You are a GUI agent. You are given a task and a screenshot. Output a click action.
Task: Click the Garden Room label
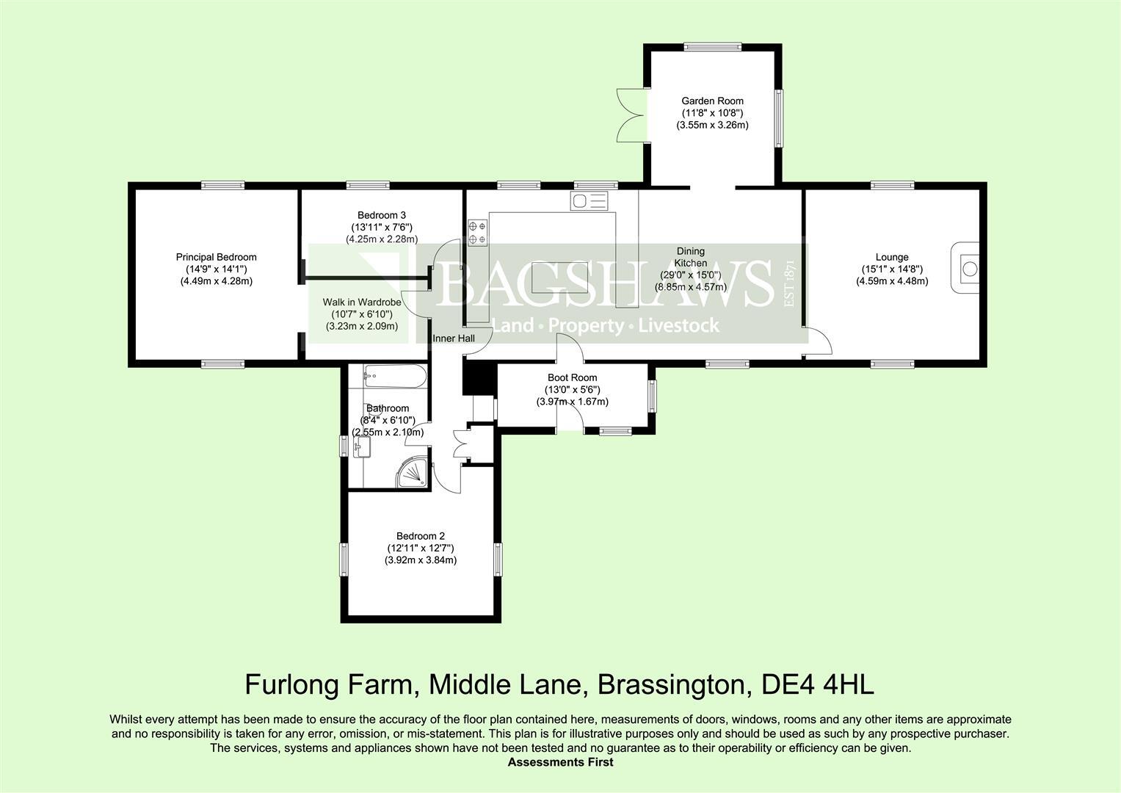[x=712, y=101]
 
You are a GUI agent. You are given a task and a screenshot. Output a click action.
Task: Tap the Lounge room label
[x=892, y=257]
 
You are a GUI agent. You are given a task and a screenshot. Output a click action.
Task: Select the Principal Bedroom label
[x=216, y=257]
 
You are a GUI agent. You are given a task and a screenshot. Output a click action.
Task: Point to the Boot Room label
[x=572, y=377]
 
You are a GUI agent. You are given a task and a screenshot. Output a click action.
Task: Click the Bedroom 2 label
[x=420, y=536]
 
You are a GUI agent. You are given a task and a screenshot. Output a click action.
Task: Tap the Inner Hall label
[x=453, y=338]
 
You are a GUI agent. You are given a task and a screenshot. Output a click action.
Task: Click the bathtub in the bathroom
[x=395, y=377]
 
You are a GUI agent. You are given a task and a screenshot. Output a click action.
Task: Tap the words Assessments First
[x=560, y=762]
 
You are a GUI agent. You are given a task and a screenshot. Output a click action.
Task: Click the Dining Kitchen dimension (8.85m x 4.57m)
[x=690, y=287]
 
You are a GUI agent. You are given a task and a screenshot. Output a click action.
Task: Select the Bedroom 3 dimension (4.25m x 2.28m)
[x=382, y=239]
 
